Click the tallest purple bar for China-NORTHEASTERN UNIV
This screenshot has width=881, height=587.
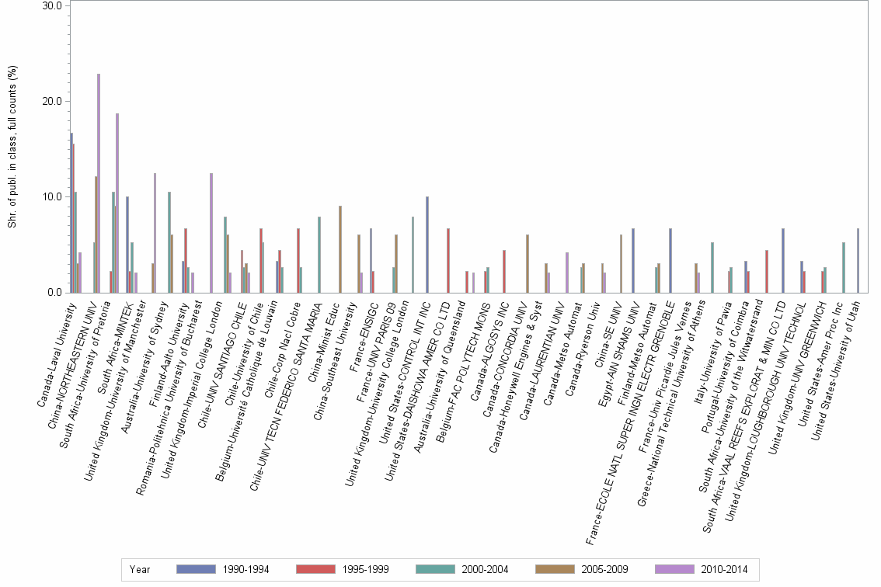click(x=99, y=183)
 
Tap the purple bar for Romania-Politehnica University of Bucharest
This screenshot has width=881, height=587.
click(x=211, y=233)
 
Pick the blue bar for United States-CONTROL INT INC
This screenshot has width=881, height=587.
click(x=427, y=245)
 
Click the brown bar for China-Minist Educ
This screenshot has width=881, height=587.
click(x=340, y=249)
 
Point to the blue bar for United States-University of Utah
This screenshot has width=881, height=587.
click(x=858, y=260)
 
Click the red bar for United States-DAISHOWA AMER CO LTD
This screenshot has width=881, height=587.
click(x=447, y=260)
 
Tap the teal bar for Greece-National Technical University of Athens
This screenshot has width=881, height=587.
click(x=712, y=267)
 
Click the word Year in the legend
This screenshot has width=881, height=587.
click(x=140, y=569)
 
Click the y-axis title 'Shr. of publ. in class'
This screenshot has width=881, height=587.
click(x=12, y=148)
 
